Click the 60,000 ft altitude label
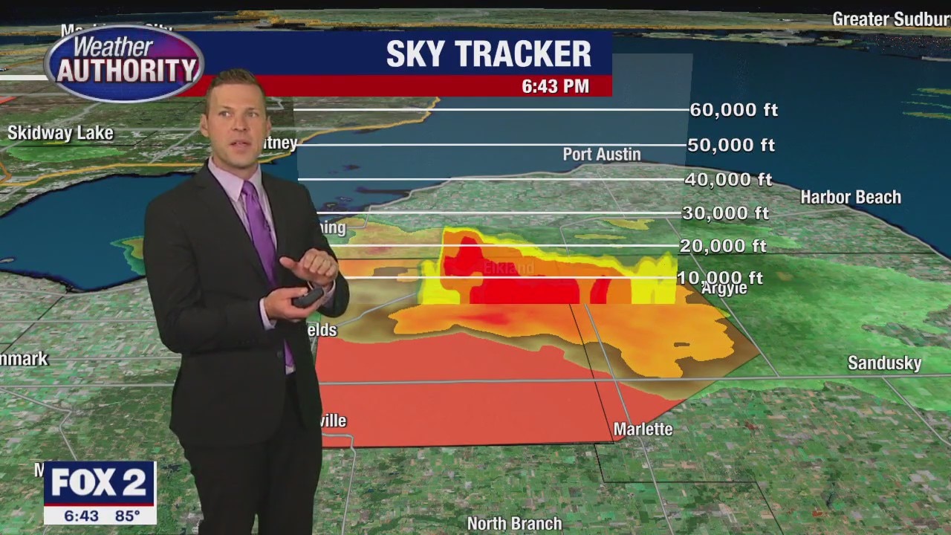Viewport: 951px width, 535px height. pos(733,110)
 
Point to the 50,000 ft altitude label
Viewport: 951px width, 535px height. pos(731,145)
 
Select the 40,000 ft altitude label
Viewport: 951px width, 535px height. pos(728,179)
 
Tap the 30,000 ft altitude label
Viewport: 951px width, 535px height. pos(725,213)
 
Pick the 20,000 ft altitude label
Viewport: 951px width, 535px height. pos(723,245)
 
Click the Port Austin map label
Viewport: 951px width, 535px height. pos(601,155)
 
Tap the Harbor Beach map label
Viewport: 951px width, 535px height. pos(850,197)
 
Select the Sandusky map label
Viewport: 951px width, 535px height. pos(884,363)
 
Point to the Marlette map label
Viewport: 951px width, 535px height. pos(643,429)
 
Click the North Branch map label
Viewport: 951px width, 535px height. pos(514,524)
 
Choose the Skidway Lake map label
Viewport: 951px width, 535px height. pos(60,134)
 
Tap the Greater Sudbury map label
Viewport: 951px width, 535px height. pos(891,19)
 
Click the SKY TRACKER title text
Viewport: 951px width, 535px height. pos(488,54)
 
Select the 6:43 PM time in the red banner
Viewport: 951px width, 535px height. pos(555,86)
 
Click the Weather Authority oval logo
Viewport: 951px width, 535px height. pos(124,64)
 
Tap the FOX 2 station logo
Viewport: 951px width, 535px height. pos(99,484)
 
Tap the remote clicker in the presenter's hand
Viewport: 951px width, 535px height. pos(308,297)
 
